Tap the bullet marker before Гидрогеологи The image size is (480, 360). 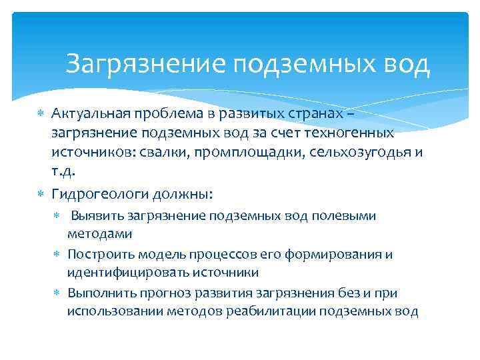pos(39,194)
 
